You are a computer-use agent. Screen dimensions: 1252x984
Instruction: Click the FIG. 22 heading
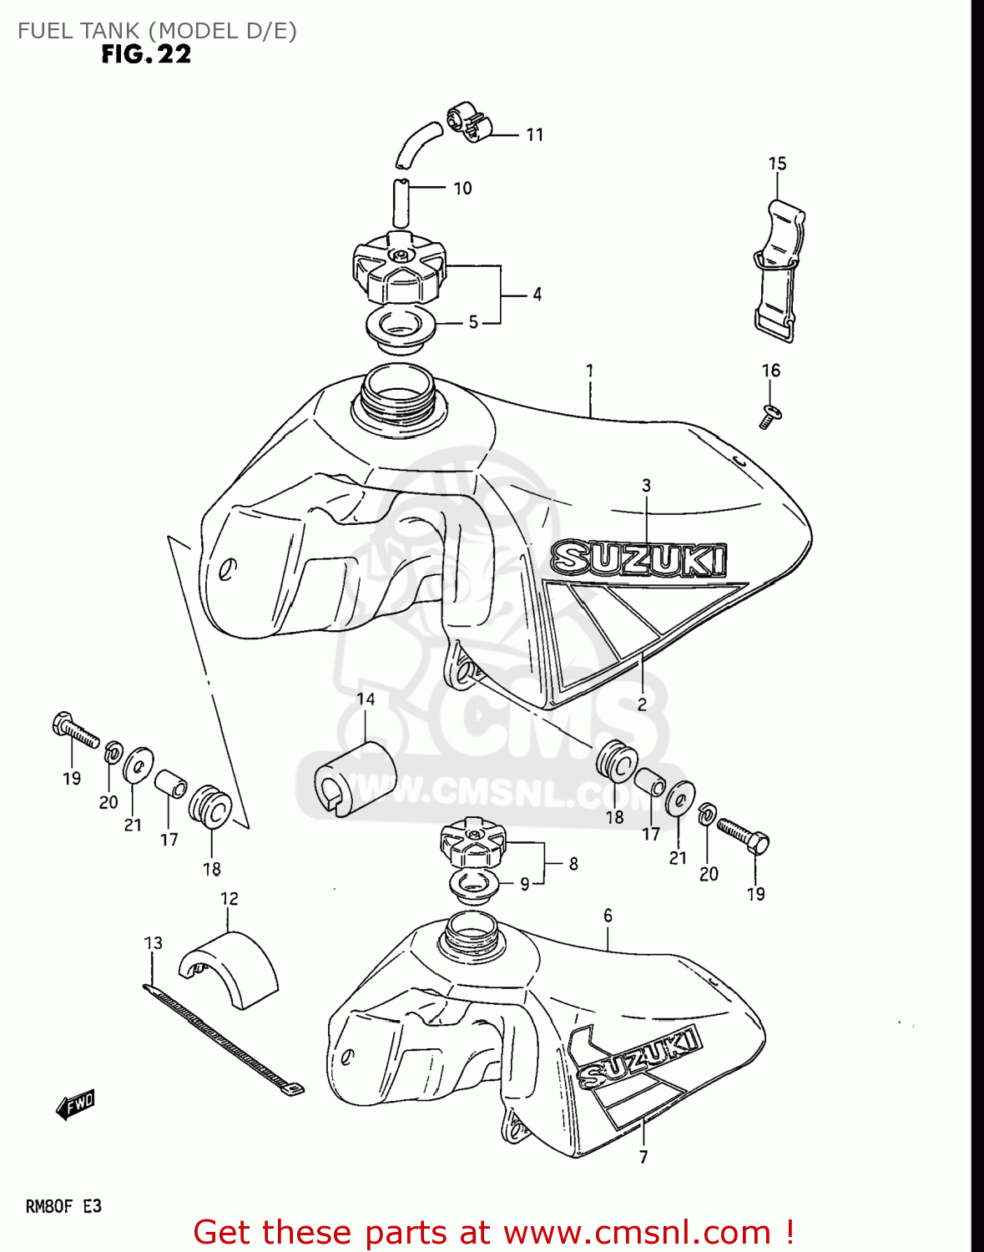[146, 55]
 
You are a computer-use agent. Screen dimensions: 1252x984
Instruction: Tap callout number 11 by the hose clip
[535, 134]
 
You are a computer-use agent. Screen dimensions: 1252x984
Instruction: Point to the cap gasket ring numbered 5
[401, 326]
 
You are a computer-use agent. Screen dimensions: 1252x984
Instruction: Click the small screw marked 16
[770, 414]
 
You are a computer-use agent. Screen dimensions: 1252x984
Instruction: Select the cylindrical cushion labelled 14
[354, 778]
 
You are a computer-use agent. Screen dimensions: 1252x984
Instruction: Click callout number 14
[366, 699]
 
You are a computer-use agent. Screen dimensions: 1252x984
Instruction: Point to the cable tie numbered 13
[224, 1038]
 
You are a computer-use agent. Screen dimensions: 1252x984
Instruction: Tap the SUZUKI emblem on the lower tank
[639, 1058]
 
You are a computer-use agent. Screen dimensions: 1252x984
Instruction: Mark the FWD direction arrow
[75, 1104]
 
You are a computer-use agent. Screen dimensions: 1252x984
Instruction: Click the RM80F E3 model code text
[63, 1206]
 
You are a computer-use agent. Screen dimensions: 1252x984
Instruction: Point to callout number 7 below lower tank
[643, 1157]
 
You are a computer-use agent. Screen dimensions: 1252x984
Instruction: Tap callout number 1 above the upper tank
[589, 370]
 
